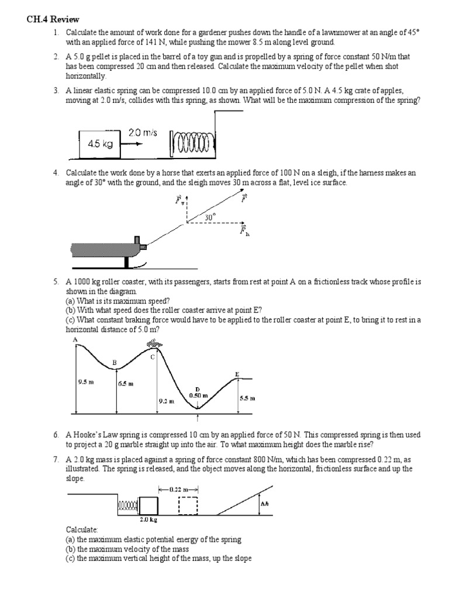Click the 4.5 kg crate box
[x=99, y=144]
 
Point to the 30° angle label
[x=210, y=217]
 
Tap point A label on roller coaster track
[x=75, y=339]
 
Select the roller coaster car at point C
[x=153, y=345]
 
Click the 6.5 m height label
[x=126, y=384]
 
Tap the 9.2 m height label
[x=166, y=401]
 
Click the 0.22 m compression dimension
[x=178, y=489]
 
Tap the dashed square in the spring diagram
[x=188, y=505]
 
